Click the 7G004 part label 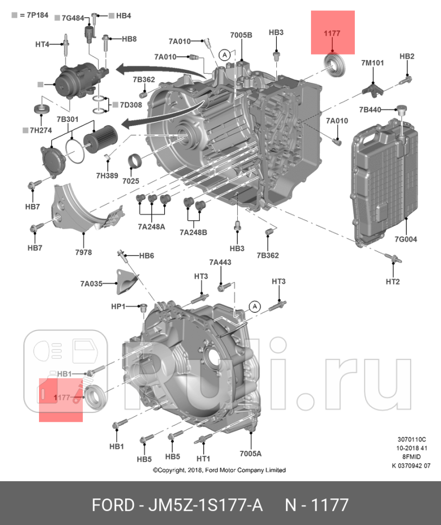(405, 239)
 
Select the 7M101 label (372, 63)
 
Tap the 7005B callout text (241, 35)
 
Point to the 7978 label (83, 252)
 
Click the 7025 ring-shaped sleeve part (135, 161)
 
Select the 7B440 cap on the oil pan (401, 110)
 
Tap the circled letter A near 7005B (224, 55)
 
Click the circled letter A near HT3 (255, 306)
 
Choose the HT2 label (392, 281)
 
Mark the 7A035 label (91, 284)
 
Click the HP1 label (118, 306)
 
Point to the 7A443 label (220, 262)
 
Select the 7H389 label (107, 175)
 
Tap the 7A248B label (193, 232)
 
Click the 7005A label (251, 454)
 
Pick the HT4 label (42, 44)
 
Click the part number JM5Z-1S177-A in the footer (206, 505)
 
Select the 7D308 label (131, 105)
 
